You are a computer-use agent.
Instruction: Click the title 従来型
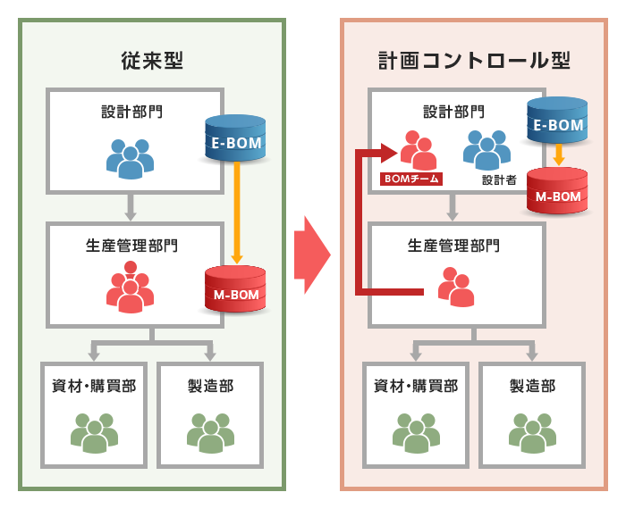(151, 60)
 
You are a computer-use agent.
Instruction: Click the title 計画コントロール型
(473, 60)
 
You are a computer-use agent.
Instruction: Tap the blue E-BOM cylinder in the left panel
(236, 138)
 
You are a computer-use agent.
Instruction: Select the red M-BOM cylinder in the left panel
(235, 288)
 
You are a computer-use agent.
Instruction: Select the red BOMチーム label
(411, 179)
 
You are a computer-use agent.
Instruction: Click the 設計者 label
(499, 179)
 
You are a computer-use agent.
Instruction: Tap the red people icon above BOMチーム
(418, 149)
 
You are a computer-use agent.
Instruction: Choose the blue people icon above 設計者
(486, 149)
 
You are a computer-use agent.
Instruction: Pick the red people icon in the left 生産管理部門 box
(130, 287)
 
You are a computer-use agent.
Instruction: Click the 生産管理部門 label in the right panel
(453, 244)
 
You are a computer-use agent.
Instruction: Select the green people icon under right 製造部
(532, 432)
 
